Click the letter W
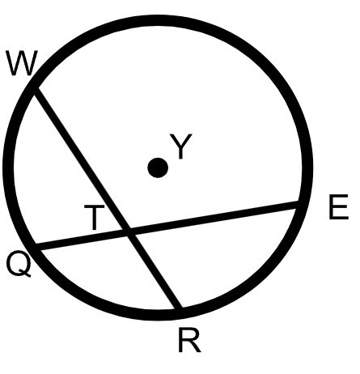coord(22,63)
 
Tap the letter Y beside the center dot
coord(181,146)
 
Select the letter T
coord(94,217)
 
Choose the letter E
coord(339,206)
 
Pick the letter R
coord(189,340)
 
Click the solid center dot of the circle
coord(158,168)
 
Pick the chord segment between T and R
coord(154,270)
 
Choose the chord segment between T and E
coord(214,218)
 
